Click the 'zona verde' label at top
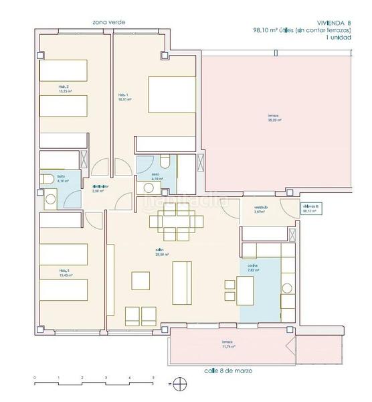tap(109, 22)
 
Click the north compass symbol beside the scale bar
tap(179, 384)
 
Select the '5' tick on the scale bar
tap(153, 379)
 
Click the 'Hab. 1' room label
tap(124, 97)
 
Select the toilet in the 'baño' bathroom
tap(48, 178)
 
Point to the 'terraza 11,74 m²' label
tap(231, 345)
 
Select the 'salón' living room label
tap(161, 253)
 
